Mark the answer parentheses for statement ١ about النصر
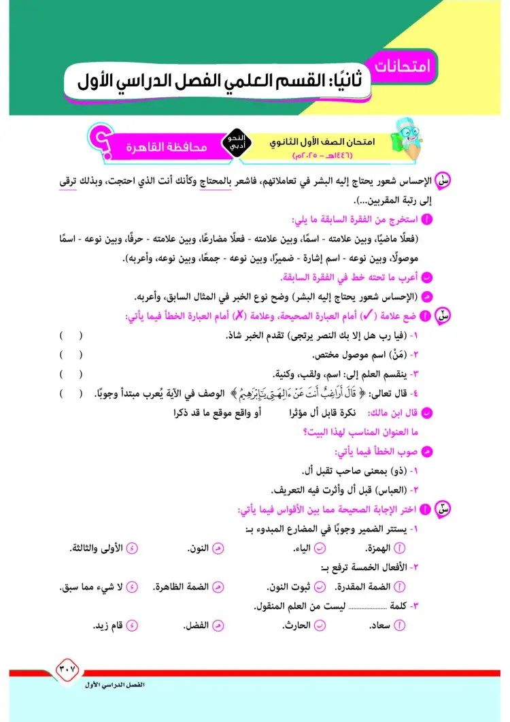(70, 335)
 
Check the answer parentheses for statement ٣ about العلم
(70, 374)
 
